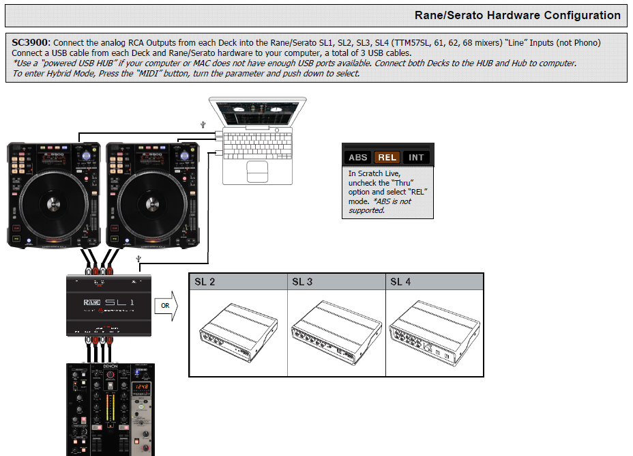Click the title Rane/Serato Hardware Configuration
(x=518, y=15)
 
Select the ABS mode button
(x=358, y=157)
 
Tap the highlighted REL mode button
(x=387, y=157)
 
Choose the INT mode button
(x=416, y=157)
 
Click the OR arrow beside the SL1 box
(x=166, y=306)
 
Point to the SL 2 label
(x=205, y=282)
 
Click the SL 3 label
(x=302, y=282)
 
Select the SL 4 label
(x=400, y=282)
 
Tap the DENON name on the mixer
(x=111, y=366)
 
